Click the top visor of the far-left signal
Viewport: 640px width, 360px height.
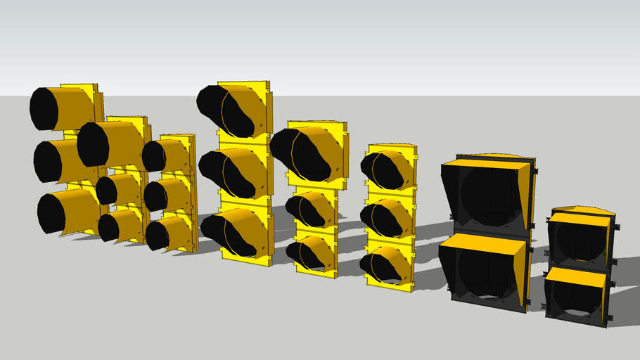[63, 108]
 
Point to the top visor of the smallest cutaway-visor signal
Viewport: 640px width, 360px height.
[387, 169]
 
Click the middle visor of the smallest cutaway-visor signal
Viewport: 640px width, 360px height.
[387, 218]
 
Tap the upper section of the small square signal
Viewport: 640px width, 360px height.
[580, 239]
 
